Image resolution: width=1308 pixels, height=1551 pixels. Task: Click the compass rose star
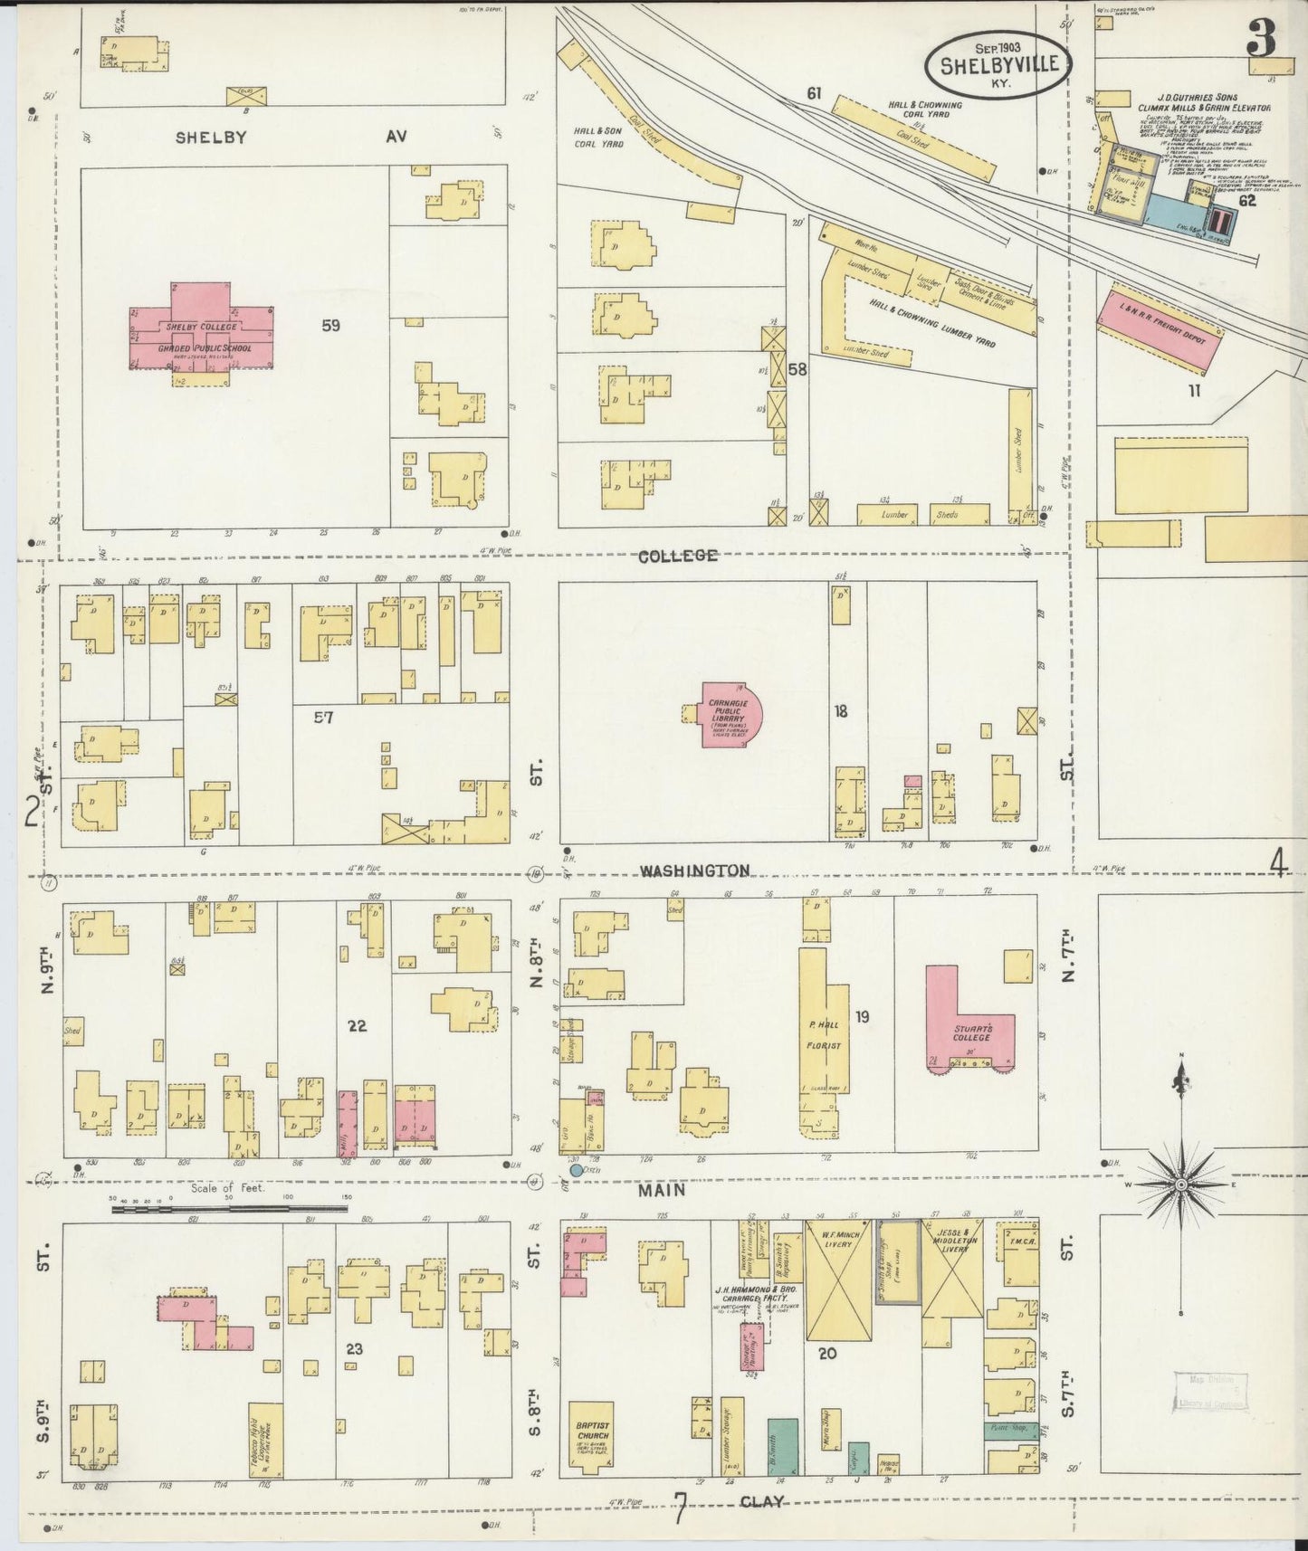[1181, 1184]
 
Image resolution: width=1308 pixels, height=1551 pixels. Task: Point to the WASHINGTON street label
[694, 871]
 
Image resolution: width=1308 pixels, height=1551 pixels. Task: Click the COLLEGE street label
[677, 556]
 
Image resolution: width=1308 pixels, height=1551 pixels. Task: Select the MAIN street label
[662, 1191]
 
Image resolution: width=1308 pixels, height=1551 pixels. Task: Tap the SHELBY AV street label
[290, 136]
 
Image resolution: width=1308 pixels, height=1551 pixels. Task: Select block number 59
[330, 324]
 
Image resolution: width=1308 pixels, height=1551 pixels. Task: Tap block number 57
[323, 717]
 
